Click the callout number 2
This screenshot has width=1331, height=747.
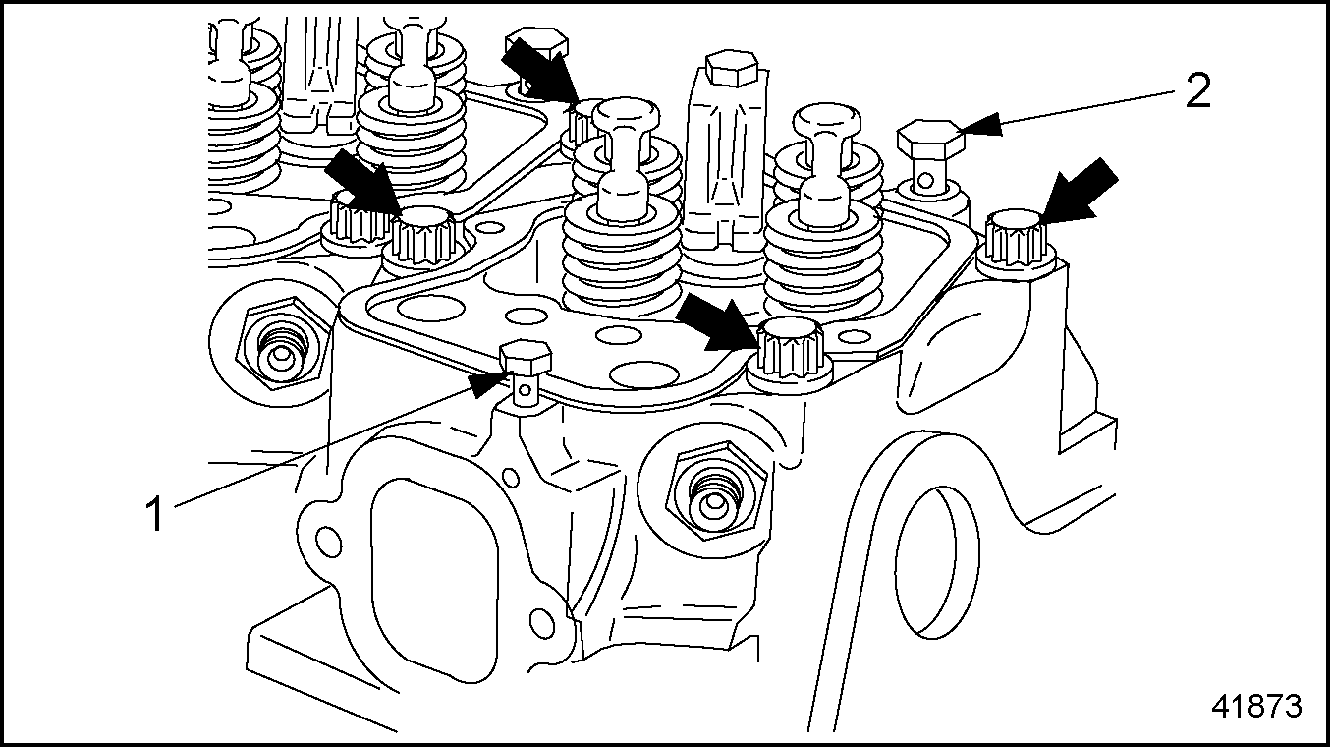click(1196, 93)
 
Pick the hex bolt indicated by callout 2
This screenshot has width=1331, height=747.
click(928, 139)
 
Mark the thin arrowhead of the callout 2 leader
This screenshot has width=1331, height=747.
click(978, 125)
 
